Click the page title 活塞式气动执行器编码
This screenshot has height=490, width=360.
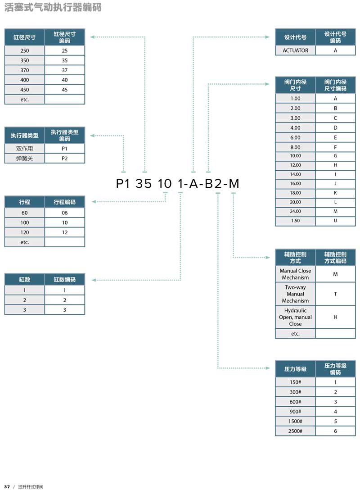53,7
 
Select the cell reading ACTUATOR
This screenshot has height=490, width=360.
295,50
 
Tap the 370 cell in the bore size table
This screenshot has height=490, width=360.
25,70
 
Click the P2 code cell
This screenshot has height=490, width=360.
65,158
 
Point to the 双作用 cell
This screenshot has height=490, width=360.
25,149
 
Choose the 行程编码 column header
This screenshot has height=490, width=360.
65,202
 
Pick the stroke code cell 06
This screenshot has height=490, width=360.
65,213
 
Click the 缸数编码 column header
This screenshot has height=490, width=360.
65,279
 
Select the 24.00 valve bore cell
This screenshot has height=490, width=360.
295,211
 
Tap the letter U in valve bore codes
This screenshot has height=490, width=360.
335,221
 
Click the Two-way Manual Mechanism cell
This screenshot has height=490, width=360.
295,294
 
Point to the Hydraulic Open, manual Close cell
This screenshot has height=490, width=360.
295,317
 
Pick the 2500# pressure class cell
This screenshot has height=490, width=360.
295,431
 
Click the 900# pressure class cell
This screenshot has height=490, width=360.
295,411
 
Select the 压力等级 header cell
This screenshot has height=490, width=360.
295,369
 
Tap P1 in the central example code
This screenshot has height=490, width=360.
123,183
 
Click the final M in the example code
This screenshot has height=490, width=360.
234,183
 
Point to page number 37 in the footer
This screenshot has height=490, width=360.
7,486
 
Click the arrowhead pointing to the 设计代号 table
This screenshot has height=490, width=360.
267,37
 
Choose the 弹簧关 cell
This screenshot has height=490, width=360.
25,158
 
